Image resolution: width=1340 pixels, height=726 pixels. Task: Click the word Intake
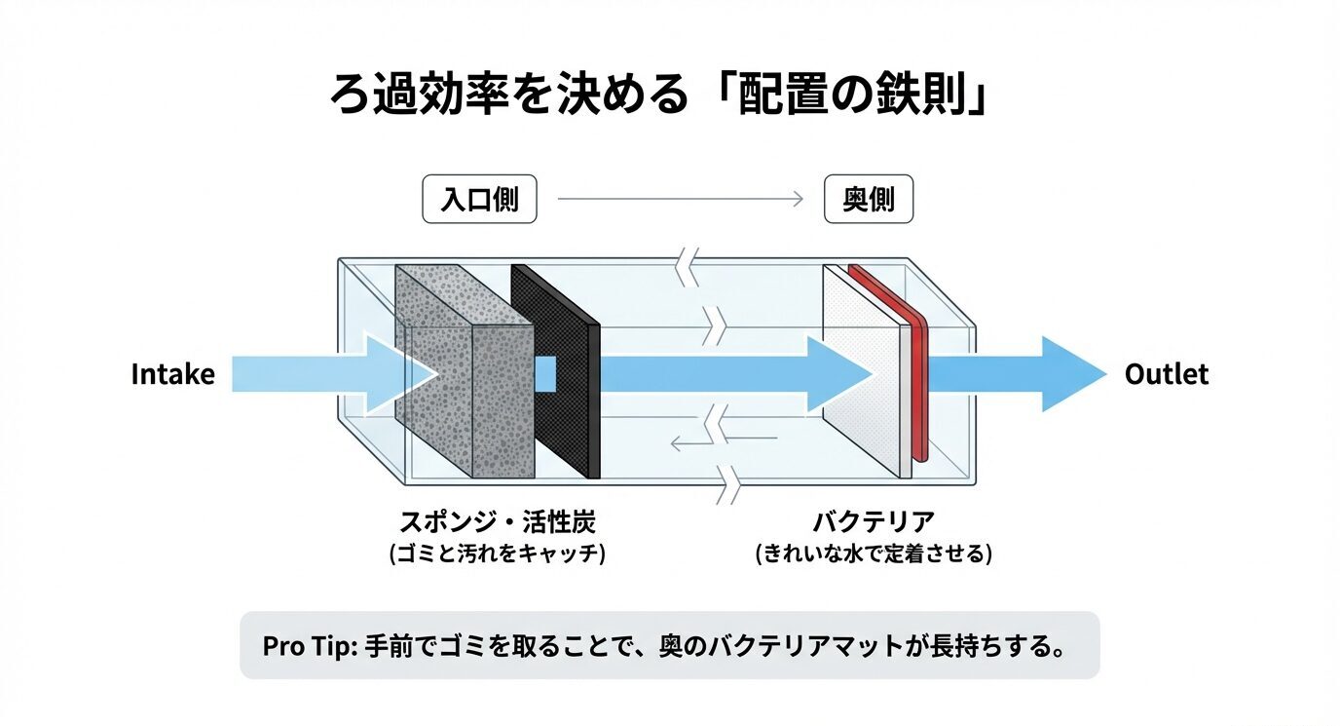(x=172, y=375)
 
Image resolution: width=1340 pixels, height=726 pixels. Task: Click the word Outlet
(x=1166, y=374)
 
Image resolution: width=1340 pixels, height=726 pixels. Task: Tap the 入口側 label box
(x=479, y=200)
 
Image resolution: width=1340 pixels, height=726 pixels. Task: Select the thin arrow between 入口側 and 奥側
(x=679, y=200)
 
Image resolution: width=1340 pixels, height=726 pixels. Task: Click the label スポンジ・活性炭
(x=496, y=521)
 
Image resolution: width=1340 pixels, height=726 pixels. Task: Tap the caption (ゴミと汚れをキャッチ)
(x=497, y=554)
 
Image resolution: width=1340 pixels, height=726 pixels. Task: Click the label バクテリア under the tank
(x=874, y=521)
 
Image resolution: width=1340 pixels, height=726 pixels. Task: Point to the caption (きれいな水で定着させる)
(x=874, y=554)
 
